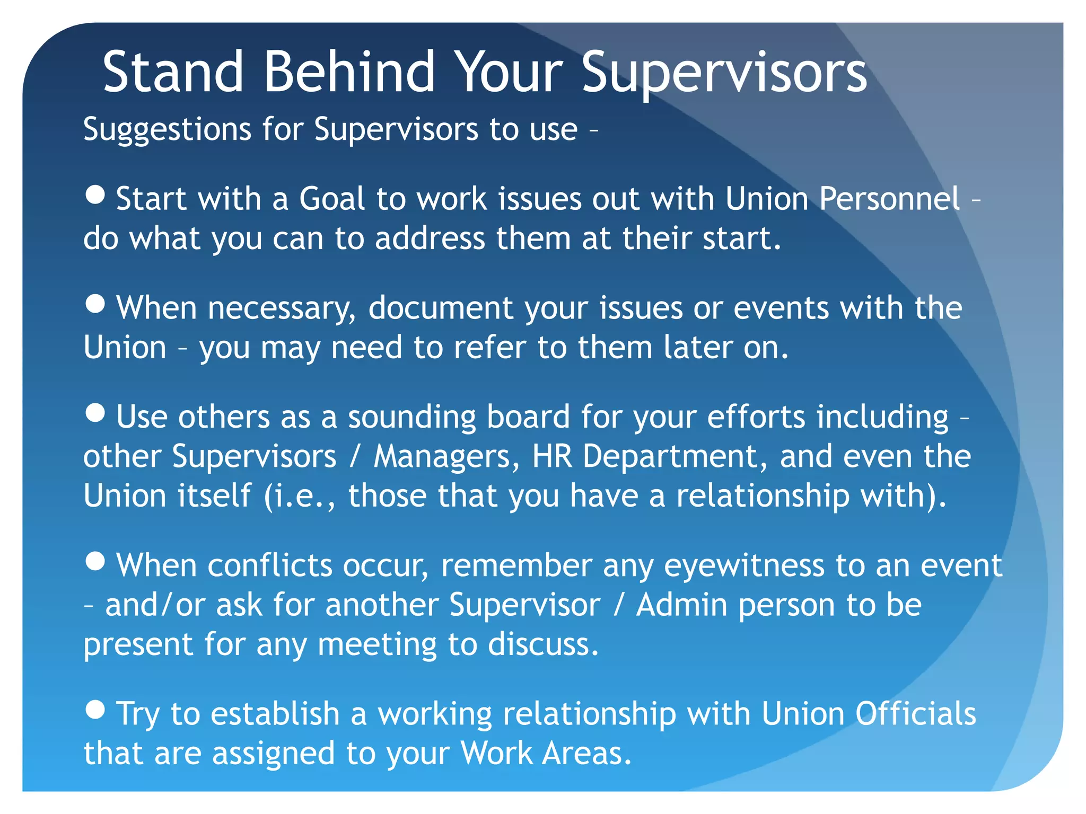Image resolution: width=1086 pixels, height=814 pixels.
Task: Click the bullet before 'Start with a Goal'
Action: coord(95,195)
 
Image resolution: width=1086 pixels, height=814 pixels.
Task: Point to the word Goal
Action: coord(332,199)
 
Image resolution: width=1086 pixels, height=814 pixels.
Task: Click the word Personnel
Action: coord(889,199)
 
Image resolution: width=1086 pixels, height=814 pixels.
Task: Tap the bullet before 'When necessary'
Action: coord(95,304)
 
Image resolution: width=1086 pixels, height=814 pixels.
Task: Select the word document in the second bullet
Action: coord(441,308)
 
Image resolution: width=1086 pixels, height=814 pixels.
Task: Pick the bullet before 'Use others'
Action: coord(95,413)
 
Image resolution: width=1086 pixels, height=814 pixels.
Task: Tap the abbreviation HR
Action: coord(552,456)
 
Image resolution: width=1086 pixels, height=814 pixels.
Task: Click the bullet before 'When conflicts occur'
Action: coord(95,561)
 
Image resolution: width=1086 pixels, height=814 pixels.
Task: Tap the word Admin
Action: coord(681,605)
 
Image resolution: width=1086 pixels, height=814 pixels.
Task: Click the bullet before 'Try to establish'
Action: coord(95,710)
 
